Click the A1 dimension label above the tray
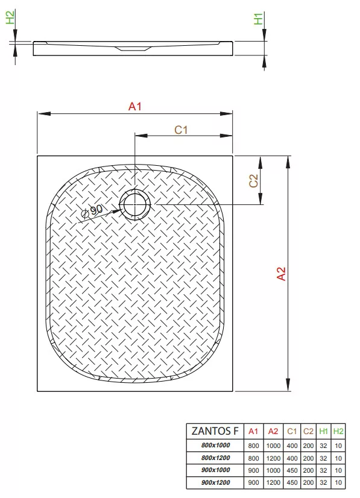(x=135, y=106)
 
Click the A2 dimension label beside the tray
(x=282, y=274)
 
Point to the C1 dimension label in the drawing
(x=181, y=130)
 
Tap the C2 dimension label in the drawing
(x=253, y=181)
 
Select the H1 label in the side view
(x=259, y=19)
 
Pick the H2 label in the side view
(x=10, y=17)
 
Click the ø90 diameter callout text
(x=92, y=211)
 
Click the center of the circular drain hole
(x=135, y=205)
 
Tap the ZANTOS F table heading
(x=215, y=431)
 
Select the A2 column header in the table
(x=273, y=431)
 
